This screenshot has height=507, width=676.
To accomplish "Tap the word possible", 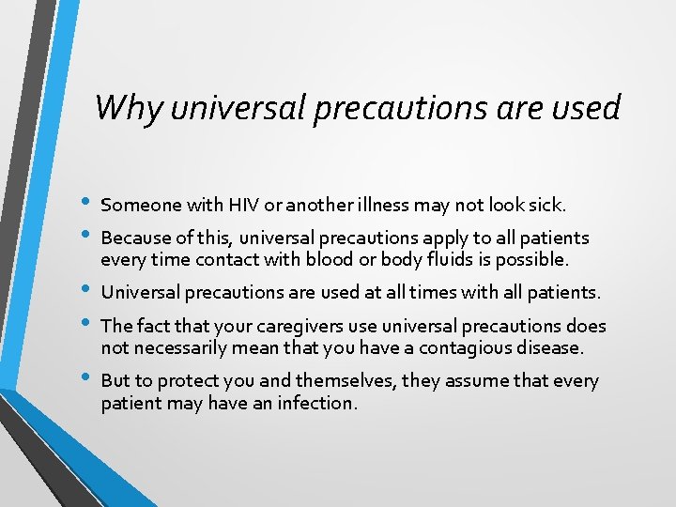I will point(534,259).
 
